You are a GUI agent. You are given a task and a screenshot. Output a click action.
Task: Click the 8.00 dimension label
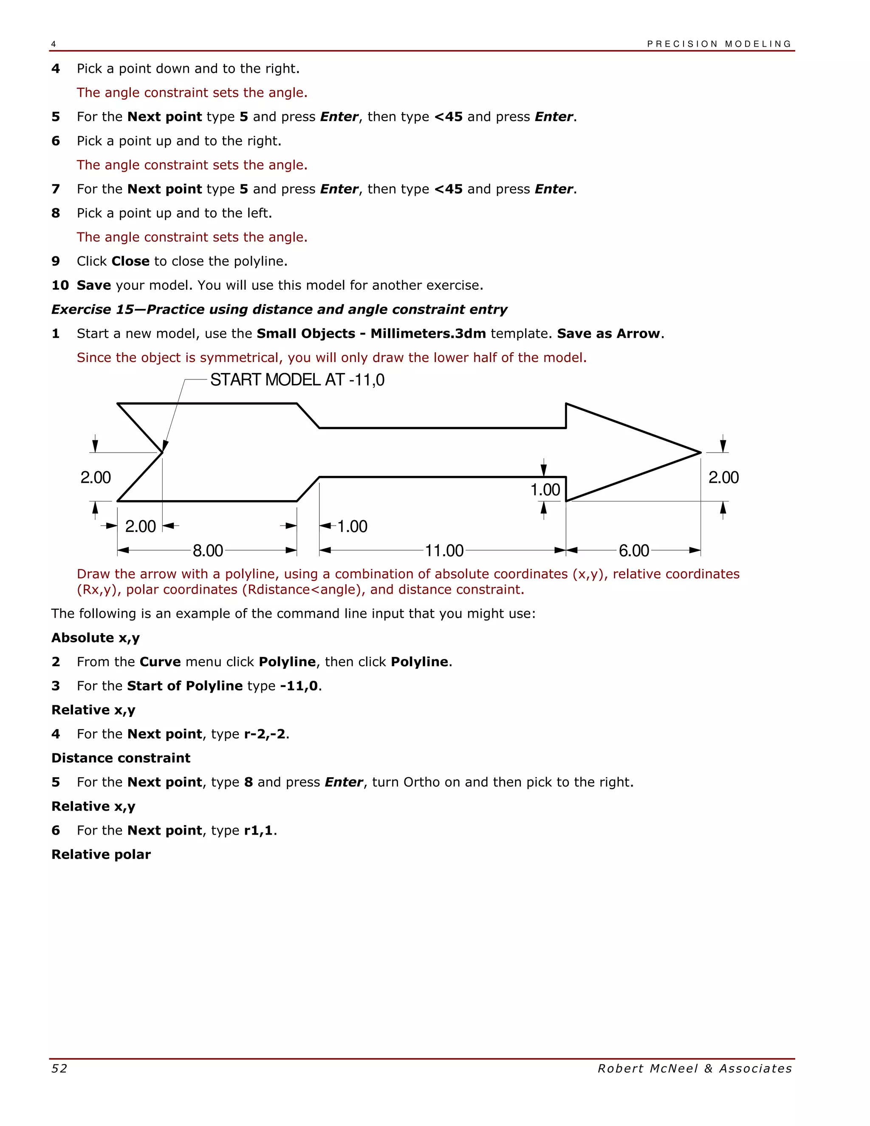pyautogui.click(x=208, y=551)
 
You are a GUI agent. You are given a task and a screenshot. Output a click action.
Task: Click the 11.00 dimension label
pyautogui.click(x=444, y=551)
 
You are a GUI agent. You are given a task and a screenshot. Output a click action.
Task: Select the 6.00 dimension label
pyautogui.click(x=633, y=551)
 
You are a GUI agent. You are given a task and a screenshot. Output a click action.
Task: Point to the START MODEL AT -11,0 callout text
pyautogui.click(x=297, y=380)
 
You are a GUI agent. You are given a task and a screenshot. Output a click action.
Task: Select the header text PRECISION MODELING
pyautogui.click(x=719, y=44)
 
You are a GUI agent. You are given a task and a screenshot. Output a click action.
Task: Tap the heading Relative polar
pyautogui.click(x=101, y=854)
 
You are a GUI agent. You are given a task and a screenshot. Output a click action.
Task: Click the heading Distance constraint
pyautogui.click(x=121, y=758)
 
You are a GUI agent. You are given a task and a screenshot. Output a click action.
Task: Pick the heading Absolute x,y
pyautogui.click(x=95, y=638)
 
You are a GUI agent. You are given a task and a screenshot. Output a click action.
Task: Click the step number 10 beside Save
pyautogui.click(x=60, y=285)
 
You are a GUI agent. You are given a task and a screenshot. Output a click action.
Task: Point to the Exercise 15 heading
pyautogui.click(x=279, y=309)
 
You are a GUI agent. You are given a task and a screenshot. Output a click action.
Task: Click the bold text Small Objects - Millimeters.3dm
pyautogui.click(x=371, y=334)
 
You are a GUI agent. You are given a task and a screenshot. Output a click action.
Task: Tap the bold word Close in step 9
pyautogui.click(x=130, y=261)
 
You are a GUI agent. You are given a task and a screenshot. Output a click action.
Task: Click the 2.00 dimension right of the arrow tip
pyautogui.click(x=723, y=478)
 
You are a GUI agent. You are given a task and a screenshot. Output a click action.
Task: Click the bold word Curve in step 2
pyautogui.click(x=160, y=662)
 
